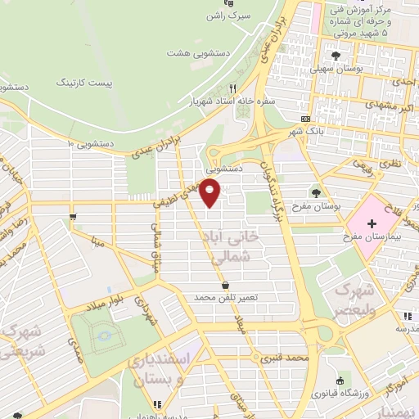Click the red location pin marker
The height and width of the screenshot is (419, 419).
click(x=211, y=193)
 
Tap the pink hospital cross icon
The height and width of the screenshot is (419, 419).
click(x=372, y=223)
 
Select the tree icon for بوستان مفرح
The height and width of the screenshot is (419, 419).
click(x=316, y=193)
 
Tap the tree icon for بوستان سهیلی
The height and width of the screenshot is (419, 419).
click(x=336, y=56)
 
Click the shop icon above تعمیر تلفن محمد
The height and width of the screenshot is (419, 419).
click(x=225, y=284)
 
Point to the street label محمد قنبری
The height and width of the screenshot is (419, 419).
click(x=283, y=358)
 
